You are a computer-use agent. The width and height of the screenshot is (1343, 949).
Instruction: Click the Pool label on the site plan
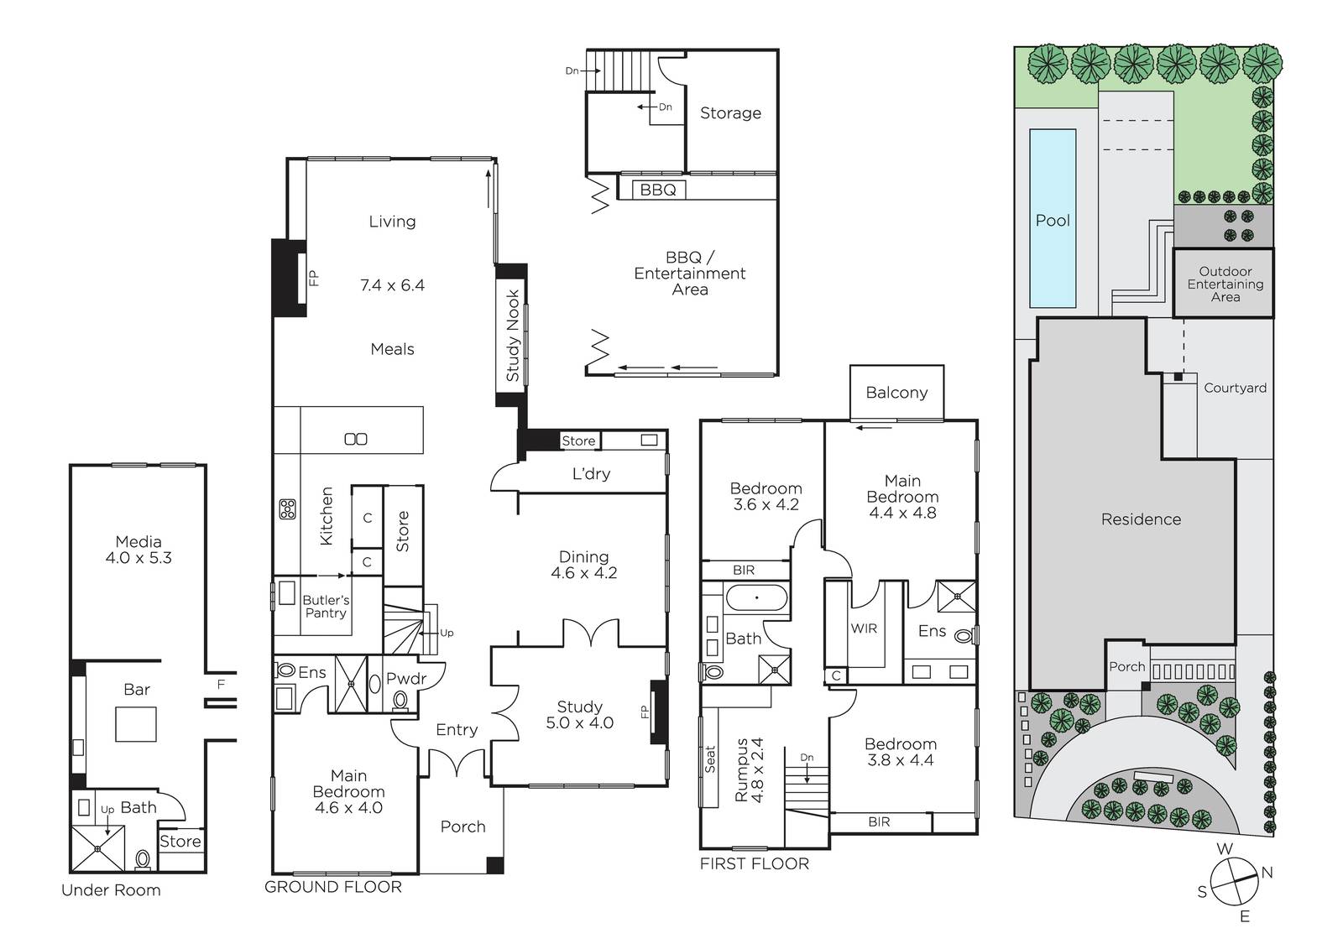1053,221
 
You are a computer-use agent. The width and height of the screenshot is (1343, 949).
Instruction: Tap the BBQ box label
658,190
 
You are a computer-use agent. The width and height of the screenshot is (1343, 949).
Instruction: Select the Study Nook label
512,336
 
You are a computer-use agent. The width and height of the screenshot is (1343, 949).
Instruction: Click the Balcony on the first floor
896,393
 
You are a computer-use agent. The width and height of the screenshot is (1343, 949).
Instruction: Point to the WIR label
864,628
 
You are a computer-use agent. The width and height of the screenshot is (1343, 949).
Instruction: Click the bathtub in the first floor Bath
756,597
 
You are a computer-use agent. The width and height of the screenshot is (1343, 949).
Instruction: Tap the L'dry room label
591,473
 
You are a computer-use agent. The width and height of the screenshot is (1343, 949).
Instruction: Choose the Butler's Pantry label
326,606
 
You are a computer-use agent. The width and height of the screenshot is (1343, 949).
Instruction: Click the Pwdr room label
406,678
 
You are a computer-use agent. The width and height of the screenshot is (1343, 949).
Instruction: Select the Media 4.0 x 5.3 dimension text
138,557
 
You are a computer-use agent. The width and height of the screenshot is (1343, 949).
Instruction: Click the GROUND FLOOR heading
332,887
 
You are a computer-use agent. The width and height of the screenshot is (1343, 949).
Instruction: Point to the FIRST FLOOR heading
755,863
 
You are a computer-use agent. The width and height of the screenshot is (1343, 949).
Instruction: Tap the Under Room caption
111,889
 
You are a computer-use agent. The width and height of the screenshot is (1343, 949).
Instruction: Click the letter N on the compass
1267,873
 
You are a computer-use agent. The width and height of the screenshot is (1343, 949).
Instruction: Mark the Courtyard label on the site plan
1235,388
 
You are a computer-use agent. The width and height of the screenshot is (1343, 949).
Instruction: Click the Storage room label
730,112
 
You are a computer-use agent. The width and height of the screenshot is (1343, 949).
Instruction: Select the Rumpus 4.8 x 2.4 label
749,769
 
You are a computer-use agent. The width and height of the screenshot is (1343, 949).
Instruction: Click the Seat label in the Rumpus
710,759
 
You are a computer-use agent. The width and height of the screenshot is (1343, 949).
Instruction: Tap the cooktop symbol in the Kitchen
287,509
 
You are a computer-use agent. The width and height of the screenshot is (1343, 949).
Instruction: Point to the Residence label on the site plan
1141,519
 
